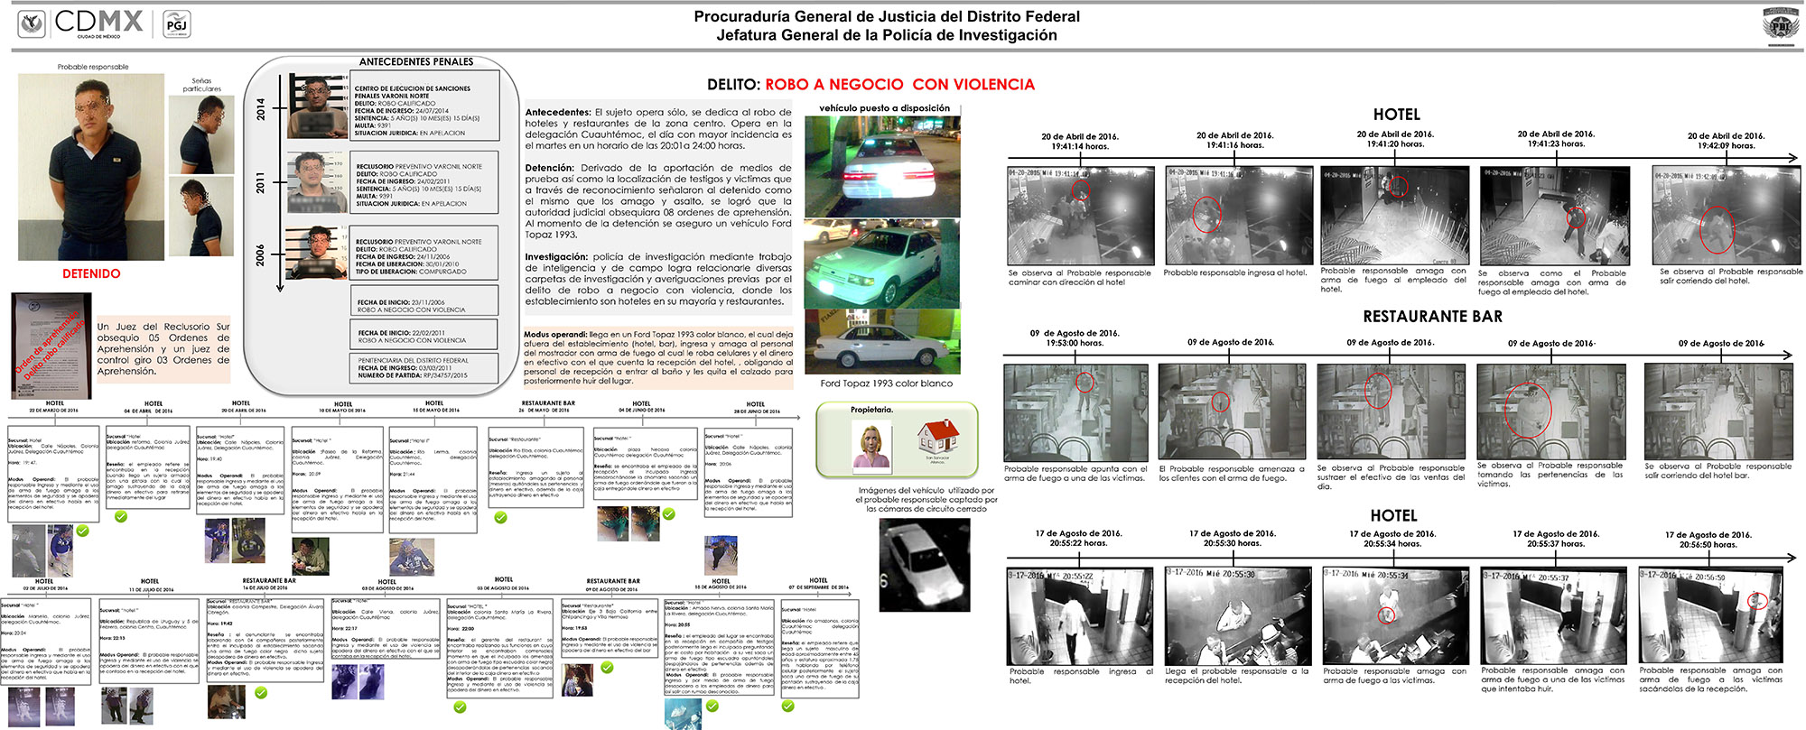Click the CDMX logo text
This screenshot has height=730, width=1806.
tap(98, 21)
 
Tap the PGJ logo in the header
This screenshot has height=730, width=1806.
tap(177, 24)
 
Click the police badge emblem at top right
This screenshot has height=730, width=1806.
tap(1779, 23)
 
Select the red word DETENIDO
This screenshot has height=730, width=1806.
tap(91, 273)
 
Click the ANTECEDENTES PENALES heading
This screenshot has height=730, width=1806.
tap(416, 61)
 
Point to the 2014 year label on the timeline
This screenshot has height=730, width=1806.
tap(260, 109)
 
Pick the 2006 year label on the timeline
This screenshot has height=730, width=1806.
tap(260, 254)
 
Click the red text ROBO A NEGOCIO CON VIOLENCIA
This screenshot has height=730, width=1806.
tap(899, 85)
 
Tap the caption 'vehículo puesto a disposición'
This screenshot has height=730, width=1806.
tap(884, 108)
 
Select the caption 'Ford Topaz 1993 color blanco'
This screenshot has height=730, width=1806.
tap(886, 383)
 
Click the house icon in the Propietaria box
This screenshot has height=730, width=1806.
tap(937, 437)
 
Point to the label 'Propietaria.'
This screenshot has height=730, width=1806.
tap(870, 410)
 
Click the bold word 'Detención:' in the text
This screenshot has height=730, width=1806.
tap(550, 168)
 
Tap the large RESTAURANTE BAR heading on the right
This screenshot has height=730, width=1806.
tap(1432, 317)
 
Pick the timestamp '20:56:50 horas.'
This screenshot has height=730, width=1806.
tap(1708, 545)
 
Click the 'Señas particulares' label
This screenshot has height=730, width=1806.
tap(201, 85)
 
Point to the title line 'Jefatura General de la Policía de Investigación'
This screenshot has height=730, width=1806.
tap(886, 35)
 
